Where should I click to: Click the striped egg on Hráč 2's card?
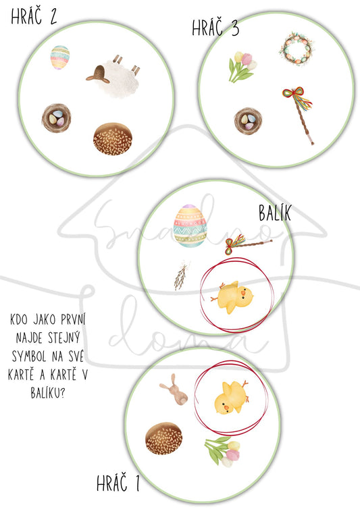pos(60,57)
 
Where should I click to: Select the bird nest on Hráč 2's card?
pos(56,118)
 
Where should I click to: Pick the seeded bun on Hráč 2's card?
pos(113,138)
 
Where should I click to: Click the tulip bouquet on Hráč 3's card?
pos(242,67)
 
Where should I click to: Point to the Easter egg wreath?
pos(297,49)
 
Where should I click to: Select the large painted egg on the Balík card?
pos(190,225)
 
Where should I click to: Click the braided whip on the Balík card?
pos(248,244)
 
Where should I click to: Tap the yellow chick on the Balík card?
pos(232,296)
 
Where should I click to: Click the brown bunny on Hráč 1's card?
pos(174,390)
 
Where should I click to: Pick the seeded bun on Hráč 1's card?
pos(164,438)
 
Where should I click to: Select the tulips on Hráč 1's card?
pos(223,451)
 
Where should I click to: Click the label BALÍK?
pos(275,213)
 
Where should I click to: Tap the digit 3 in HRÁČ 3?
pos(235,28)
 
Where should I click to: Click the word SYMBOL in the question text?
pos(28,356)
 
